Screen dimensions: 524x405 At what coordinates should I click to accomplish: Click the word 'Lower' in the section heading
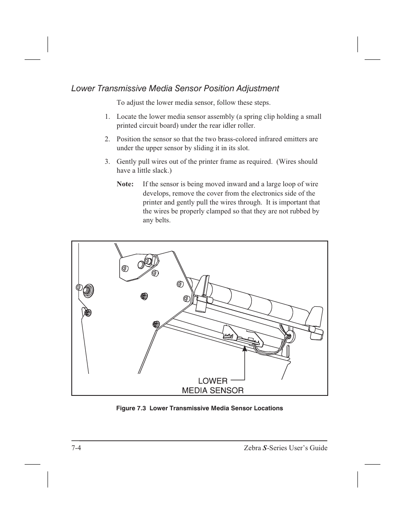[83, 88]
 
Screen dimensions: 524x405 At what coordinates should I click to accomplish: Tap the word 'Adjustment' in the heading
[258, 88]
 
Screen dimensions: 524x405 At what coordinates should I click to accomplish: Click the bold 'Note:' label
[125, 184]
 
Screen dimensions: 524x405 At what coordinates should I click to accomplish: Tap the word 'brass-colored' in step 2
[239, 139]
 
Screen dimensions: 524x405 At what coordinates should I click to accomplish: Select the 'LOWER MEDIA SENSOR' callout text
[213, 385]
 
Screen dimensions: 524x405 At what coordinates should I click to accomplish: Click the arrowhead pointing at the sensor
[245, 349]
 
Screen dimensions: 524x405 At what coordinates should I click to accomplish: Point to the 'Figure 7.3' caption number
[131, 408]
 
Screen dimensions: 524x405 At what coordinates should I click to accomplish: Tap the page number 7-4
[76, 448]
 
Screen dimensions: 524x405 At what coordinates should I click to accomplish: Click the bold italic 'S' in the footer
[265, 448]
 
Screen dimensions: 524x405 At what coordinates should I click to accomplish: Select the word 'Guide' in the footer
[318, 448]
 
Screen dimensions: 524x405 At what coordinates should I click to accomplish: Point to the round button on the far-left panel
[87, 290]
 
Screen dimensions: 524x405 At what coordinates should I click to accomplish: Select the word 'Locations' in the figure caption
[268, 408]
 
